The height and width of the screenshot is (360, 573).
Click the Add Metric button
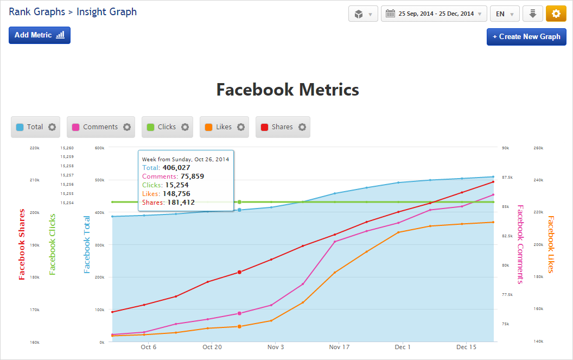tap(40, 35)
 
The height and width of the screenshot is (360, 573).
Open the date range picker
tap(434, 14)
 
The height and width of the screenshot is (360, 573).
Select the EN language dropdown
tap(504, 14)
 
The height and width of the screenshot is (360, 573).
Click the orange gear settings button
tap(556, 14)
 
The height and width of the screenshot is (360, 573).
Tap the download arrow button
tap(532, 14)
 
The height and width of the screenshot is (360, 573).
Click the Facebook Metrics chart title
tap(288, 90)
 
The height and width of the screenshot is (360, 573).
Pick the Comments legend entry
tap(100, 127)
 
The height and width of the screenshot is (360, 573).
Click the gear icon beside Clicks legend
tap(185, 127)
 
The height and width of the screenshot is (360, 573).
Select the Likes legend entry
tap(224, 127)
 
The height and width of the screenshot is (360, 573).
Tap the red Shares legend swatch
tap(264, 127)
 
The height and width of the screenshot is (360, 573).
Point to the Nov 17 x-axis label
tap(339, 347)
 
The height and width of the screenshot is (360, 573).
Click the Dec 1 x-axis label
tap(403, 347)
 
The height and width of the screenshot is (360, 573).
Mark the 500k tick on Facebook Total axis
tap(100, 180)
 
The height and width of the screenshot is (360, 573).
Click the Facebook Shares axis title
tap(22, 244)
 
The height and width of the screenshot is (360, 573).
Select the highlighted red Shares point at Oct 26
tap(239, 272)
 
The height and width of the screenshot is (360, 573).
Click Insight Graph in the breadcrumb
tap(106, 11)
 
